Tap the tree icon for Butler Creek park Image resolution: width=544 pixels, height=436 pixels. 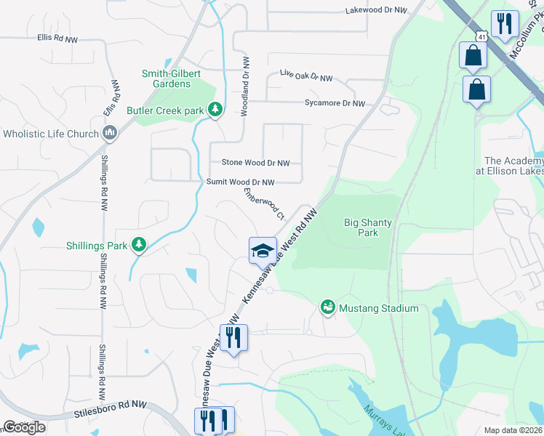click(x=215, y=110)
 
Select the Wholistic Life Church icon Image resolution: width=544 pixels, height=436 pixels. click(x=111, y=132)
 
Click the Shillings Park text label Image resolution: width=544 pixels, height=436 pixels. click(x=96, y=245)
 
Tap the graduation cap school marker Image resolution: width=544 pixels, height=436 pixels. click(x=263, y=251)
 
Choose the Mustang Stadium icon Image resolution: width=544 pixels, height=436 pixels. click(x=328, y=308)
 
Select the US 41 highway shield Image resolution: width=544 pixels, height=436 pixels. click(x=481, y=35)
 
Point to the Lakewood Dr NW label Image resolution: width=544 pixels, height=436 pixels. click(x=376, y=11)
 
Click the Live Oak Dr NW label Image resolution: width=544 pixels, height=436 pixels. click(x=306, y=76)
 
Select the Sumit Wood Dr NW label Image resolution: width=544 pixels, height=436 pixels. click(x=241, y=182)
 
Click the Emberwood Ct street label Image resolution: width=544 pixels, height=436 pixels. click(x=263, y=203)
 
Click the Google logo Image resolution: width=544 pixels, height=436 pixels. click(x=24, y=427)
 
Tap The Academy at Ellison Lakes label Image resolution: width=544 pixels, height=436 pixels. click(x=513, y=166)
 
